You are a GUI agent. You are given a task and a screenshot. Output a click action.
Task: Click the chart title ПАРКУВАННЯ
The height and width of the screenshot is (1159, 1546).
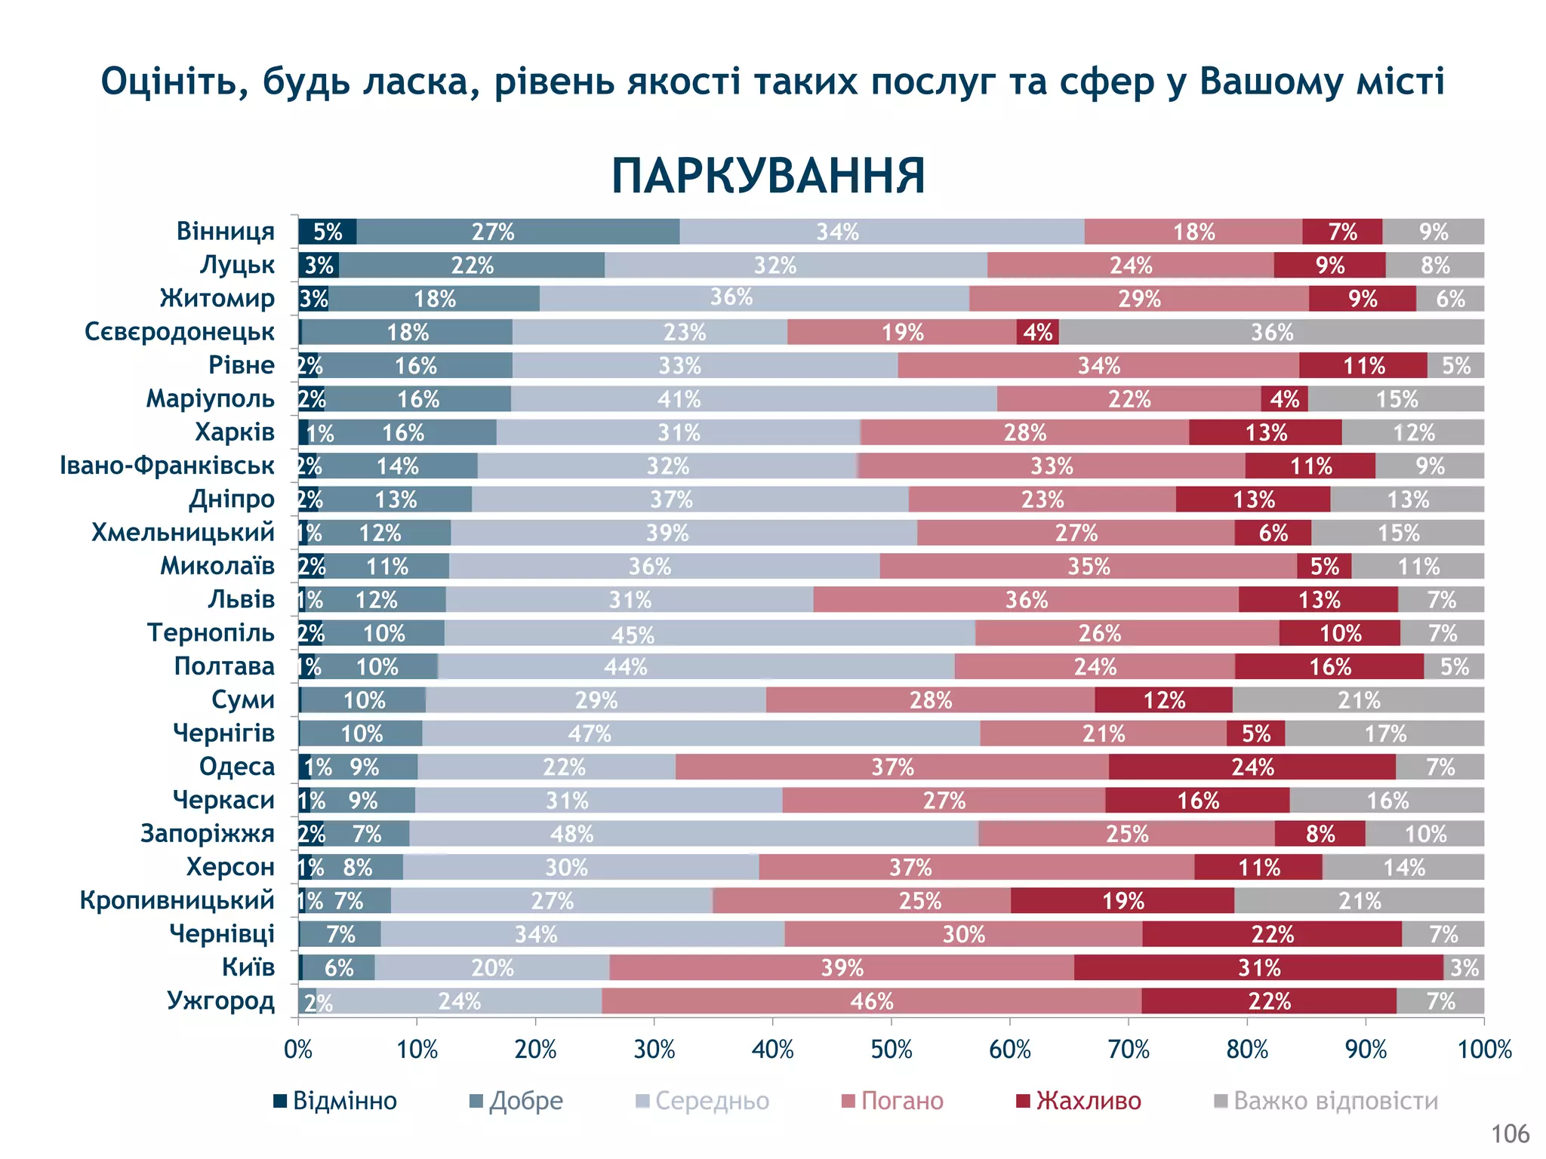tap(768, 177)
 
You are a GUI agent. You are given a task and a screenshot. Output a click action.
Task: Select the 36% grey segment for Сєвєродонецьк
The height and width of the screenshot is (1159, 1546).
tap(1271, 332)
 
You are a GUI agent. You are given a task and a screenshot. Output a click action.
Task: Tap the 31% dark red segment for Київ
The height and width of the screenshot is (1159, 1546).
tap(1258, 967)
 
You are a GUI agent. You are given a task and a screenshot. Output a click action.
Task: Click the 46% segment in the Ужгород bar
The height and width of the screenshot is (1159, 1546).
tap(871, 1001)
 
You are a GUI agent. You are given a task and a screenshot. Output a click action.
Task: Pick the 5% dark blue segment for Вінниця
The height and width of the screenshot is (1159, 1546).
tap(328, 232)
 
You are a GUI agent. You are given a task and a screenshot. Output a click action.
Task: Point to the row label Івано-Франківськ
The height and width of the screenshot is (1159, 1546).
tap(167, 466)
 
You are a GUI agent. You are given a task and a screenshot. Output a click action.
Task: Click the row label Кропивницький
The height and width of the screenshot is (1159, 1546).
tap(177, 900)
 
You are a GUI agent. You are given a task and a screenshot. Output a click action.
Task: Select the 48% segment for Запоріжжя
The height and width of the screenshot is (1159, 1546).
tap(571, 834)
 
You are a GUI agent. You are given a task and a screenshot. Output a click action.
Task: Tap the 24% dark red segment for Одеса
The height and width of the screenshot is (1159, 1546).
tap(1252, 767)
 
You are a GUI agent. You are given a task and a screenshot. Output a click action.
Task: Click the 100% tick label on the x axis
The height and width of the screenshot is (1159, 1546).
tap(1484, 1050)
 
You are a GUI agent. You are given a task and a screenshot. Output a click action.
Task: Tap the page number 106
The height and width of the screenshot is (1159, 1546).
tap(1510, 1134)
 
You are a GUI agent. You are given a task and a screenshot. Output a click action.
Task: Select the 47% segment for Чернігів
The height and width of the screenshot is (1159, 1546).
tap(590, 733)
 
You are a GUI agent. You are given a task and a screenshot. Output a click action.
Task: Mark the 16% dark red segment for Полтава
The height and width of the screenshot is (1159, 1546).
tap(1329, 667)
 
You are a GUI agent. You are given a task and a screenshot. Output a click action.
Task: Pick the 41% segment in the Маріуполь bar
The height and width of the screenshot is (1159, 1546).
tap(679, 399)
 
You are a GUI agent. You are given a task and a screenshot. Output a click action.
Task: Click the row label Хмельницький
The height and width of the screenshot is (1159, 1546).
tap(183, 533)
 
